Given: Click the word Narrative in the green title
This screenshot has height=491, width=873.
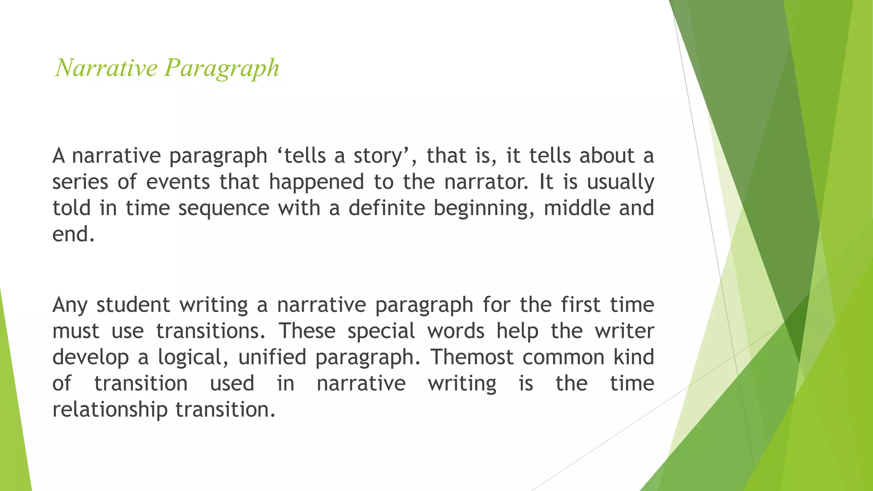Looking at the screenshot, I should [106, 68].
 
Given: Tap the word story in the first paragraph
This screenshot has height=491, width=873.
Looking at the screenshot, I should [378, 156].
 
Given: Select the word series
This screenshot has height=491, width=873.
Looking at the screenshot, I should [80, 182].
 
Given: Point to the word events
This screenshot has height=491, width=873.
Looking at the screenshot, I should [178, 182].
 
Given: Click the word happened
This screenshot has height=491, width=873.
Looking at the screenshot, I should [316, 182].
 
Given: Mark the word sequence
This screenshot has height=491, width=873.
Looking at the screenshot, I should [224, 209].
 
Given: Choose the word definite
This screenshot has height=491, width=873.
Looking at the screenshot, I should [387, 208].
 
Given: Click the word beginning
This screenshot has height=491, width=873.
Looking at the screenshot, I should [484, 209].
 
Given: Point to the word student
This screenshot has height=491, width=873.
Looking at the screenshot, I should [133, 305].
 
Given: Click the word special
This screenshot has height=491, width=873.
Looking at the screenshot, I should [381, 332].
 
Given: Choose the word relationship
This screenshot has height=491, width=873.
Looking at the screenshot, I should [110, 410].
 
